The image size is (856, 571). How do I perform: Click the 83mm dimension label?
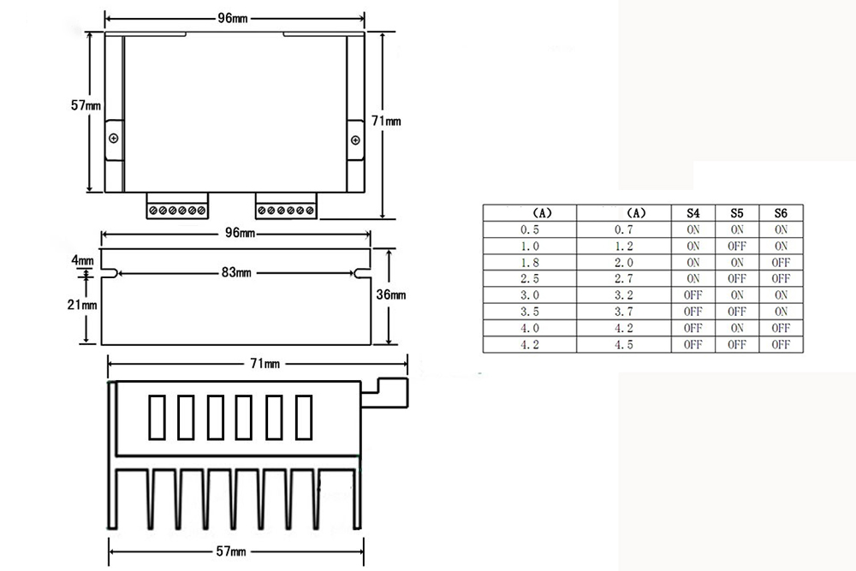tap(236, 272)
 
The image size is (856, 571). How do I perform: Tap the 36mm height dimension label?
tap(391, 294)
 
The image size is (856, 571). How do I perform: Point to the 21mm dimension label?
tap(82, 305)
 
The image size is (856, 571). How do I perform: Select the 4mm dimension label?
tap(82, 260)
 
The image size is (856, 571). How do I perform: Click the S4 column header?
tap(693, 213)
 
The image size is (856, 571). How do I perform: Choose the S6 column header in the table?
tap(781, 213)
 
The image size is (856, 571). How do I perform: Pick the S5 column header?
tap(736, 213)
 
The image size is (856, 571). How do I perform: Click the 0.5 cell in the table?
tap(530, 229)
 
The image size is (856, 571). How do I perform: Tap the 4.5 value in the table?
tap(623, 345)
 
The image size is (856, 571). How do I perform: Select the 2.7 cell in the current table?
tap(623, 279)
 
